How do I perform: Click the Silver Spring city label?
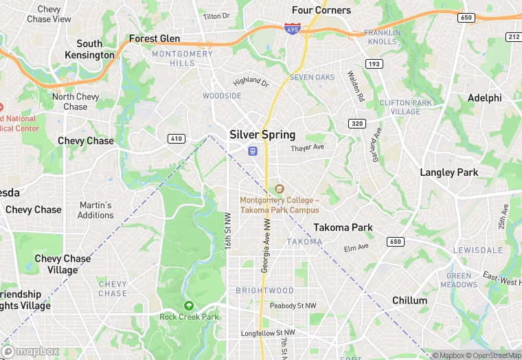pyautogui.click(x=262, y=135)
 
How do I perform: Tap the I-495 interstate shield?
pyautogui.click(x=291, y=30)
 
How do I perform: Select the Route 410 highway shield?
pyautogui.click(x=177, y=139)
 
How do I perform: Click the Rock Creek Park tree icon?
pyautogui.click(x=188, y=306)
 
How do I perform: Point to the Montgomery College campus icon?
pyautogui.click(x=279, y=189)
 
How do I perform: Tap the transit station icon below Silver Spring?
pyautogui.click(x=253, y=151)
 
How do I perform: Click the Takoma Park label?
pyautogui.click(x=343, y=227)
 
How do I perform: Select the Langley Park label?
pyautogui.click(x=449, y=172)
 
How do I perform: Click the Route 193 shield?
pyautogui.click(x=374, y=64)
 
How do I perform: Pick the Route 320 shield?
pyautogui.click(x=356, y=124)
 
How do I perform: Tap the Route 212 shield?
pyautogui.click(x=514, y=36)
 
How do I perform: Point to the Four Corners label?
pyautogui.click(x=321, y=10)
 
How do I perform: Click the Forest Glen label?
pyautogui.click(x=154, y=39)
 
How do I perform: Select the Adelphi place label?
pyautogui.click(x=484, y=98)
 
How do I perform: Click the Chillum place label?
pyautogui.click(x=409, y=300)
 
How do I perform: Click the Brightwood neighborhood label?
pyautogui.click(x=264, y=291)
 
